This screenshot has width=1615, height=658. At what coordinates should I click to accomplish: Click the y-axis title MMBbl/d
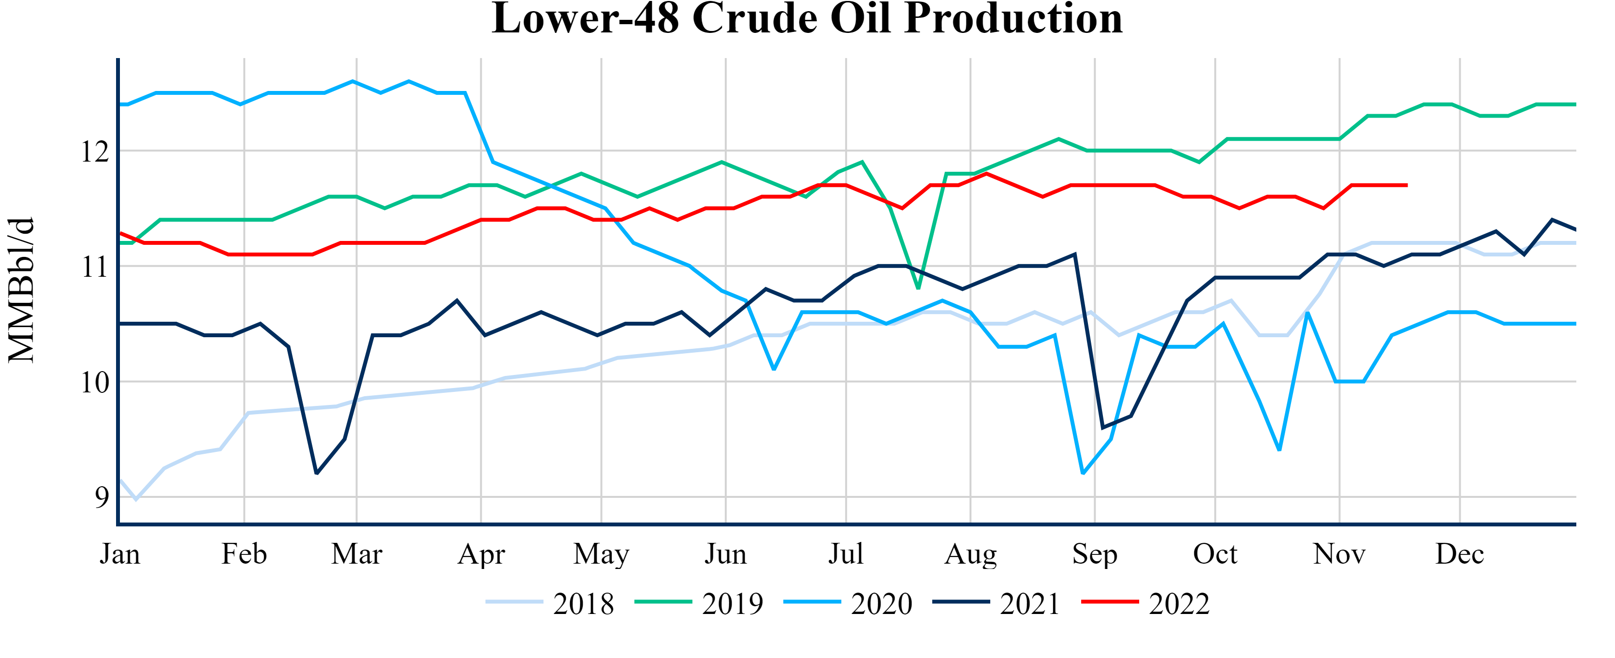click(21, 290)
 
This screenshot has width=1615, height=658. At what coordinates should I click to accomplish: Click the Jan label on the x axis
click(120, 554)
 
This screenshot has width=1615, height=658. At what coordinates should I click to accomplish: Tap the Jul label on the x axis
click(846, 554)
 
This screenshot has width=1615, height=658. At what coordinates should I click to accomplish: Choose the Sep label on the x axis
click(1095, 554)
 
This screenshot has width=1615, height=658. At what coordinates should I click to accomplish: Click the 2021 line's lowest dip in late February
click(317, 474)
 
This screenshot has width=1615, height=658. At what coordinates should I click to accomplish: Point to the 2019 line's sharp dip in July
click(918, 288)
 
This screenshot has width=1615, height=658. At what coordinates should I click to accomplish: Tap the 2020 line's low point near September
click(1083, 473)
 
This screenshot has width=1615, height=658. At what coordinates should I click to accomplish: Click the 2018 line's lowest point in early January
click(136, 499)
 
